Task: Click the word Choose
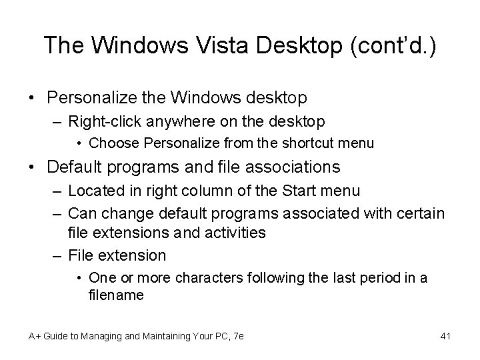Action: (x=109, y=142)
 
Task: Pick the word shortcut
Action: (x=310, y=142)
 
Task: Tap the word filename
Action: (x=115, y=294)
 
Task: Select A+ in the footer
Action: (x=35, y=336)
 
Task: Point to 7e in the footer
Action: (x=238, y=336)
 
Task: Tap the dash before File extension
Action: (x=57, y=255)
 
